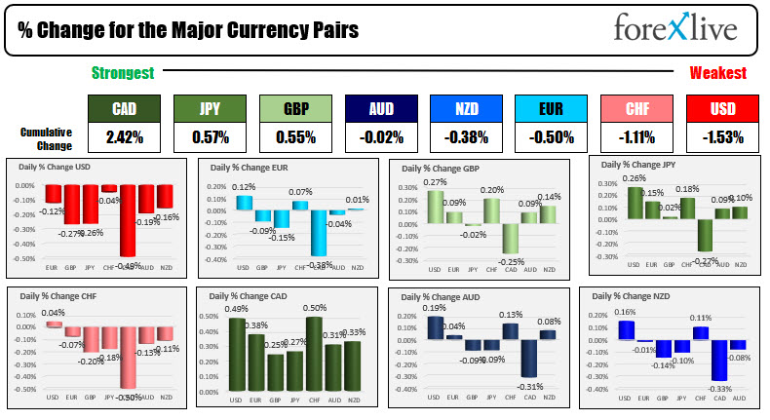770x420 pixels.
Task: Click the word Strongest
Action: [x=123, y=73]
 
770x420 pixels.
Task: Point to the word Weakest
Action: [x=718, y=73]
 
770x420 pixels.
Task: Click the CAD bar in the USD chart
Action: [x=127, y=220]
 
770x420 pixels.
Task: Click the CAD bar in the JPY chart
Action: [x=705, y=235]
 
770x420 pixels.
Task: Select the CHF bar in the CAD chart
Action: [x=315, y=356]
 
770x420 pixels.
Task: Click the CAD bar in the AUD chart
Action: [x=529, y=358]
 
